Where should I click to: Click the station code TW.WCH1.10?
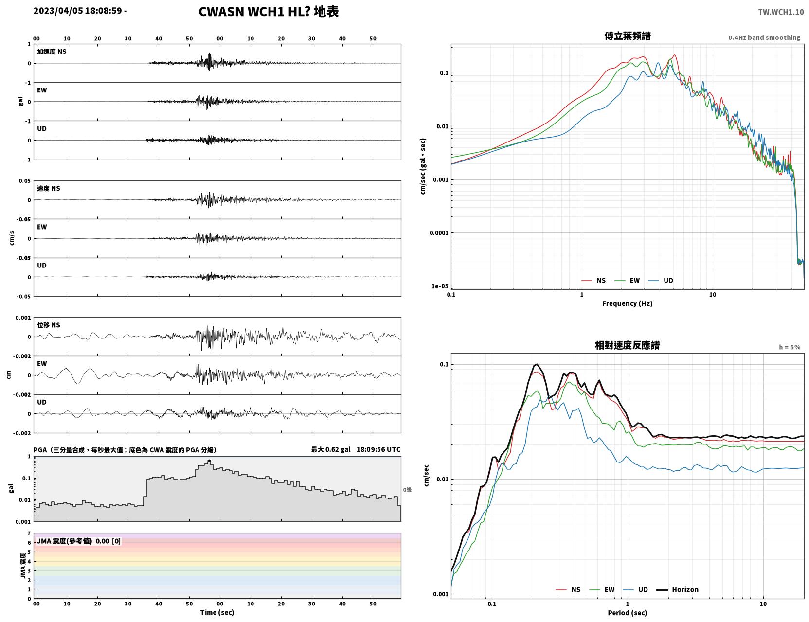781,12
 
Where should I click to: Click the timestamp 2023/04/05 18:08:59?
77,10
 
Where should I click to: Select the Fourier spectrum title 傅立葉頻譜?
628,36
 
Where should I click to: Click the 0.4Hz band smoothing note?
764,37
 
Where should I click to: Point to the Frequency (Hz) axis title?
628,303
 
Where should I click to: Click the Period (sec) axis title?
628,613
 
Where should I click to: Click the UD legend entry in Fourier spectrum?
661,281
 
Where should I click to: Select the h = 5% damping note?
789,347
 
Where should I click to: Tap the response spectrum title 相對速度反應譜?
628,345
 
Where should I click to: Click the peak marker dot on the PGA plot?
209,461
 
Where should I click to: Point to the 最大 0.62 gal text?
331,449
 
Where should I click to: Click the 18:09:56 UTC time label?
378,449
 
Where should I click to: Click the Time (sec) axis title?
217,612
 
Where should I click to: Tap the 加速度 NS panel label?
52,52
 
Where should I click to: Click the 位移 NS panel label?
48,325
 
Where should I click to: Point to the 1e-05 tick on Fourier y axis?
440,286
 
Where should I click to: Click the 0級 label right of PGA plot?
407,490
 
